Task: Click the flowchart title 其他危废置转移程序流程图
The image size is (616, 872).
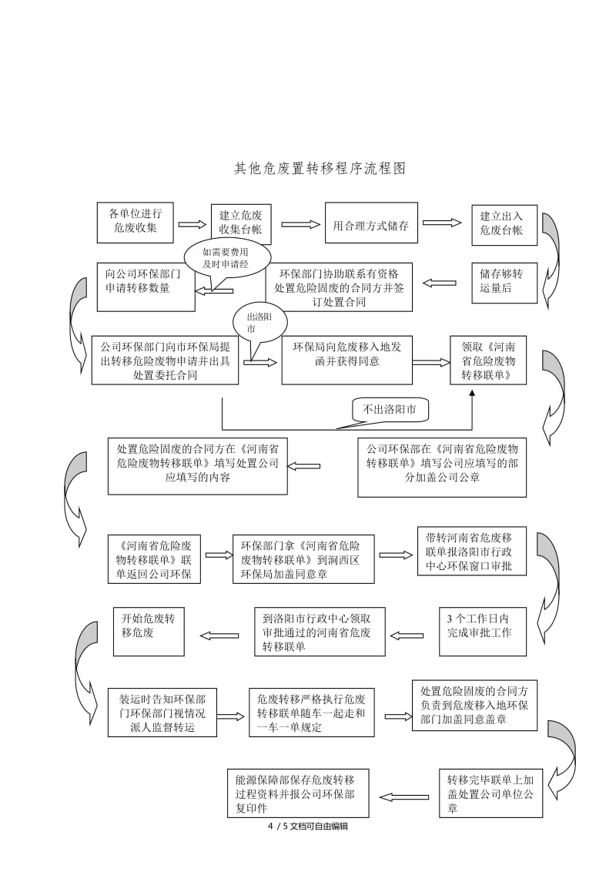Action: tap(319, 168)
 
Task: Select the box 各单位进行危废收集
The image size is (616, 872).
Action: tap(135, 221)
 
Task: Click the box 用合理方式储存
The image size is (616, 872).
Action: tap(371, 226)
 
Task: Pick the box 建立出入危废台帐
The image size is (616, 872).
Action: tap(500, 224)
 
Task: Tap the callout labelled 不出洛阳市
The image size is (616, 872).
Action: tap(390, 411)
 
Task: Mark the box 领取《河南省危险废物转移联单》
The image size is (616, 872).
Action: tap(488, 360)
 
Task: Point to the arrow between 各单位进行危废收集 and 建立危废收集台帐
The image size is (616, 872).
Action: tap(192, 224)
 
